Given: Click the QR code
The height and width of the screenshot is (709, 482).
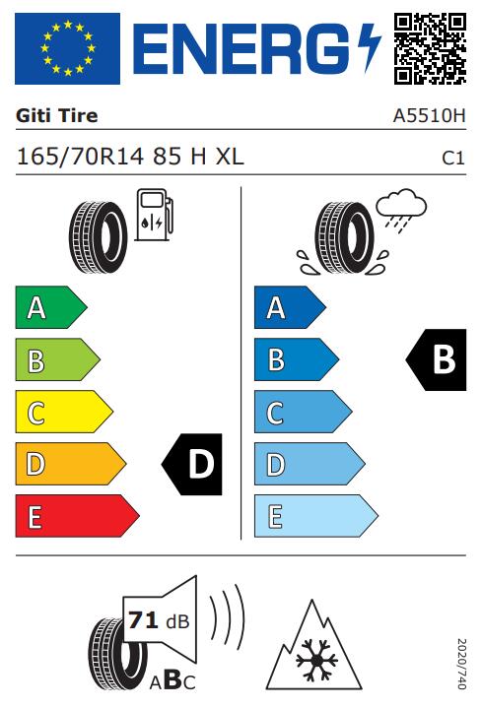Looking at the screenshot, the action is coord(430,48).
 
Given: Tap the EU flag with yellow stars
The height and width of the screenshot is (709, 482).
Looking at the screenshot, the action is coord(67,48).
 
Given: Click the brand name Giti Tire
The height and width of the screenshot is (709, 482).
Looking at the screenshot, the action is coord(56,116).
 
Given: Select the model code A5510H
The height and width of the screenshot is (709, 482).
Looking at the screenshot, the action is coord(429,116).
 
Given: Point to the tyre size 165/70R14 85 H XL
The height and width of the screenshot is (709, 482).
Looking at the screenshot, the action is coord(130,157).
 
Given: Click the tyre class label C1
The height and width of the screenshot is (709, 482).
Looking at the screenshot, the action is coord(453,158).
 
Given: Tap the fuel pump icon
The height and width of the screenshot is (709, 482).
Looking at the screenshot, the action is coord(155,215).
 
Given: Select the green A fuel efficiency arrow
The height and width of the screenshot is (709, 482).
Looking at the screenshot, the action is coord(51,307).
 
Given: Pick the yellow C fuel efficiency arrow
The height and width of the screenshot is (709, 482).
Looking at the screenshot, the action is coord(64,412).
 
